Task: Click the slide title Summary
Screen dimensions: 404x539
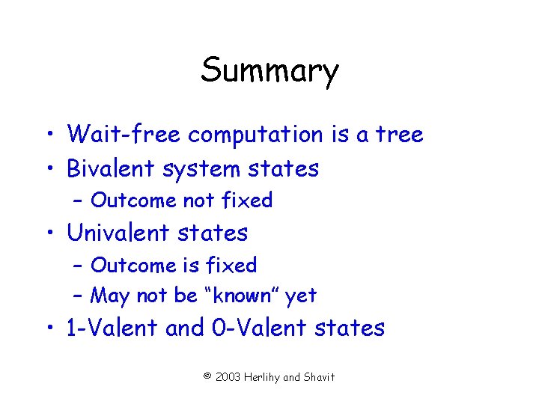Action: (269, 71)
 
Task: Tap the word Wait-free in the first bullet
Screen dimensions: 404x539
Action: (125, 135)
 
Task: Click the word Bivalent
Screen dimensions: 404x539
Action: (109, 169)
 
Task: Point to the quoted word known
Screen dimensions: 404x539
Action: (240, 296)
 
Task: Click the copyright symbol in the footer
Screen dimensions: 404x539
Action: (207, 376)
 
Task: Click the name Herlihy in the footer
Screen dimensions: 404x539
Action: (267, 377)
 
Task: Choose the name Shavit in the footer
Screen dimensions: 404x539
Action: (319, 376)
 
